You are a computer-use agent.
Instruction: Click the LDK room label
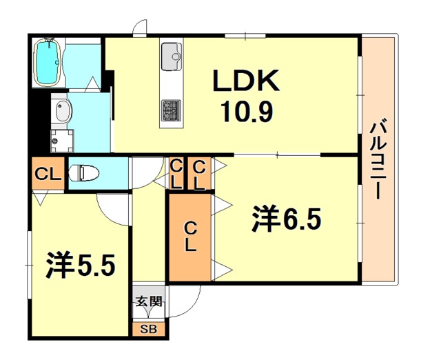pyautogui.click(x=245, y=82)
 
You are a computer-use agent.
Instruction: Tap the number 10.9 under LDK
pyautogui.click(x=246, y=110)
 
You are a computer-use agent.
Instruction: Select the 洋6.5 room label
pyautogui.click(x=287, y=221)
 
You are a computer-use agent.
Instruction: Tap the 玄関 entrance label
pyautogui.click(x=148, y=301)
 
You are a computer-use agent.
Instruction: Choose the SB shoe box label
pyautogui.click(x=149, y=329)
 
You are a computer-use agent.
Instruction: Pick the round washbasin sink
pyautogui.click(x=62, y=110)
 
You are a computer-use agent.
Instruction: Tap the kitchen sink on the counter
pyautogui.click(x=171, y=52)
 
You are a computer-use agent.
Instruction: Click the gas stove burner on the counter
pyautogui.click(x=170, y=109)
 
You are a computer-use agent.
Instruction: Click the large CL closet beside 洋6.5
pyautogui.click(x=190, y=237)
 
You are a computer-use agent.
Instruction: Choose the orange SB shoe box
pyautogui.click(x=149, y=329)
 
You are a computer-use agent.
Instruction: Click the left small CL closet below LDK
pyautogui.click(x=177, y=174)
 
